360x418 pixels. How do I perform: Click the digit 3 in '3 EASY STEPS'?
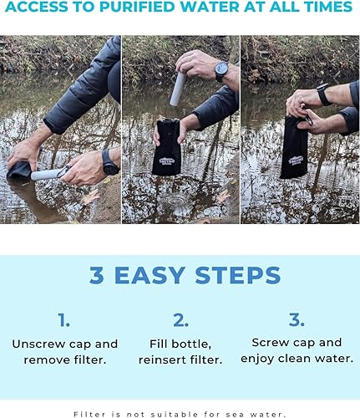click(x=97, y=275)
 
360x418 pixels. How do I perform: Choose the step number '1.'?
click(x=64, y=319)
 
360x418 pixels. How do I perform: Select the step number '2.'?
click(x=180, y=319)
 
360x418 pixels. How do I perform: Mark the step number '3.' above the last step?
click(x=297, y=319)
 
